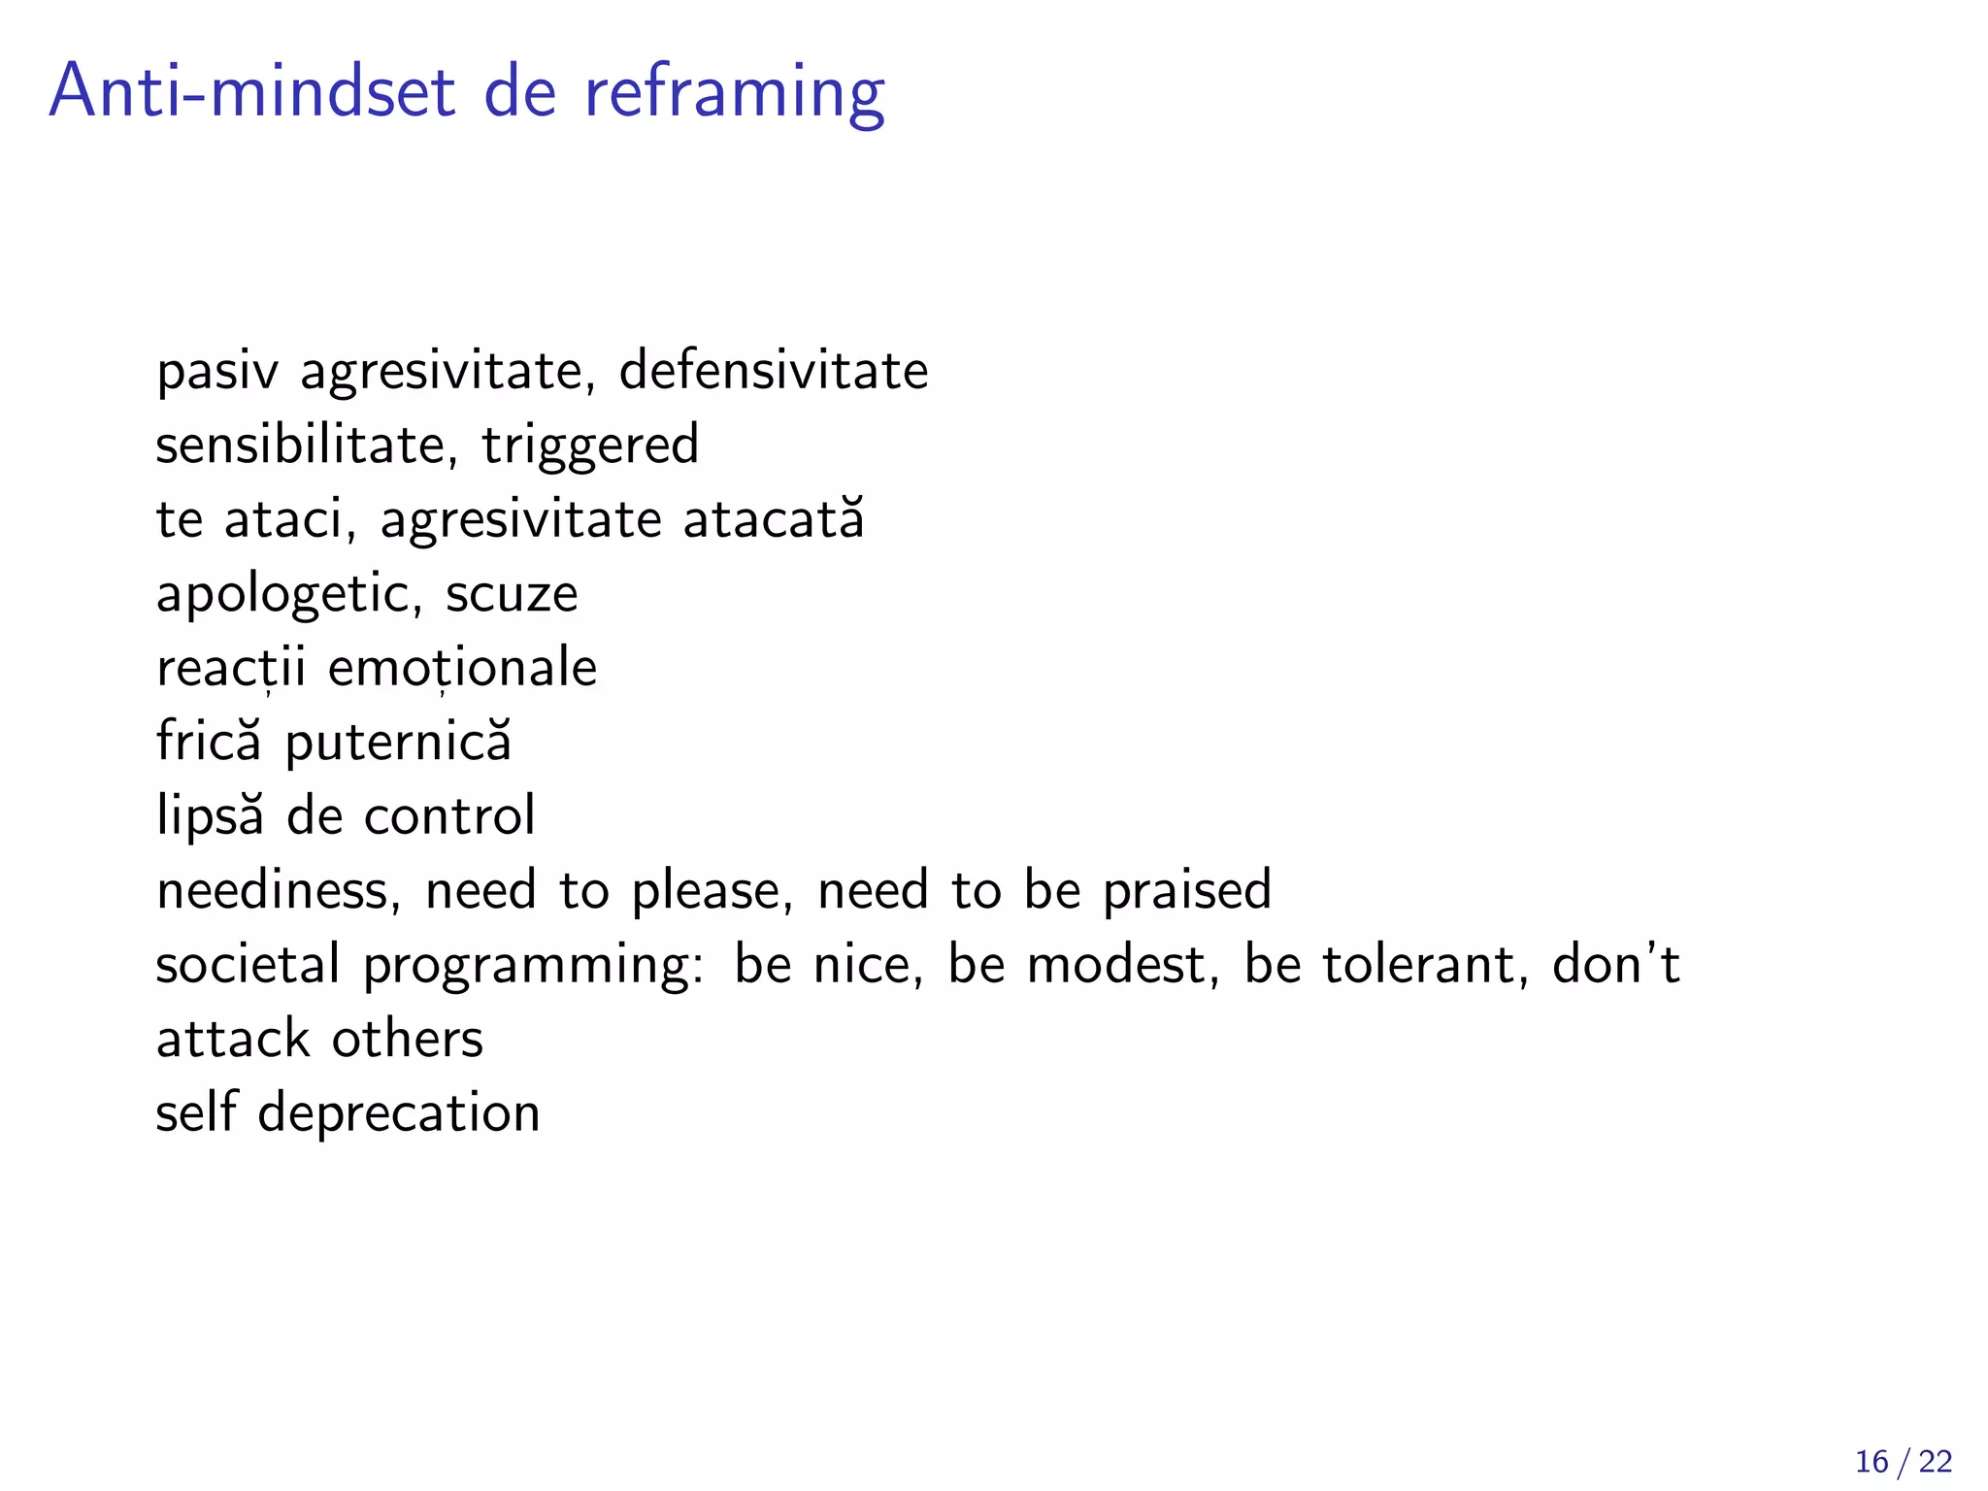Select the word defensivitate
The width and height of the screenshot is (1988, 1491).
(x=774, y=371)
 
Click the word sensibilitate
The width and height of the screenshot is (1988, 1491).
(x=300, y=445)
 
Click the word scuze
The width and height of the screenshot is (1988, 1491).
(x=512, y=594)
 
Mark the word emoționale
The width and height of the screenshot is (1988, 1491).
(x=462, y=668)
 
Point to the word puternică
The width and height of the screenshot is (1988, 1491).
(x=398, y=743)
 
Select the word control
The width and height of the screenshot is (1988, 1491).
(x=449, y=815)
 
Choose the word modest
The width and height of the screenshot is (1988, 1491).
(x=1115, y=965)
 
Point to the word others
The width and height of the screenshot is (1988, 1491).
(x=408, y=1039)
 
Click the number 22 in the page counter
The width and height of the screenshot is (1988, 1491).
(x=1936, y=1462)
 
